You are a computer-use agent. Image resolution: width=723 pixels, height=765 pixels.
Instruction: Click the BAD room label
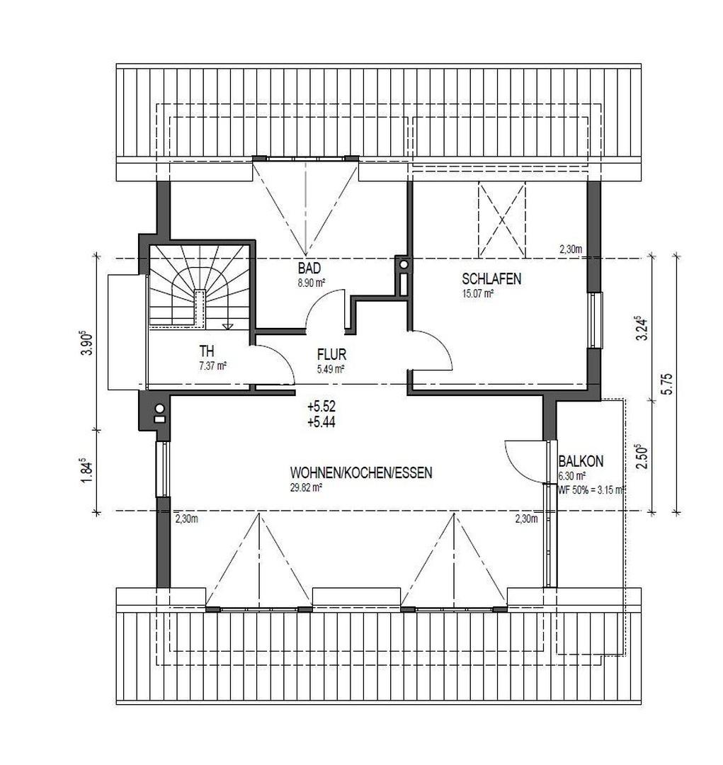point(309,268)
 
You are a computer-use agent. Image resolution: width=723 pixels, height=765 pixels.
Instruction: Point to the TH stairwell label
point(207,351)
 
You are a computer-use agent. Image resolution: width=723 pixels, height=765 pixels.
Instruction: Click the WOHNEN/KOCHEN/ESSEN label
point(361,473)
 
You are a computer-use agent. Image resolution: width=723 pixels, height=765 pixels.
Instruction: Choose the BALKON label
point(581,462)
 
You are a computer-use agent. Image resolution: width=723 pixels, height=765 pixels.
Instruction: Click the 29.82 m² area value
point(306,487)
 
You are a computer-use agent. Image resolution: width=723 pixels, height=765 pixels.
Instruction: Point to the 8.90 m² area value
point(311,282)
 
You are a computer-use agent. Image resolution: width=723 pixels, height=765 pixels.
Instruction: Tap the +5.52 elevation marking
point(321,407)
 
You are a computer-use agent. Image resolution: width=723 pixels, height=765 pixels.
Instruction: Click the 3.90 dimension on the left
point(87,344)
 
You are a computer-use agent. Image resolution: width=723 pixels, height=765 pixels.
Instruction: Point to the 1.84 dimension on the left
point(87,471)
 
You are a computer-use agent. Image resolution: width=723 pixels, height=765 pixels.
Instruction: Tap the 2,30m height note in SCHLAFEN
point(570,249)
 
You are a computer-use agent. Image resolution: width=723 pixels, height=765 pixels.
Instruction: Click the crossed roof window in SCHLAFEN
point(502,220)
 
